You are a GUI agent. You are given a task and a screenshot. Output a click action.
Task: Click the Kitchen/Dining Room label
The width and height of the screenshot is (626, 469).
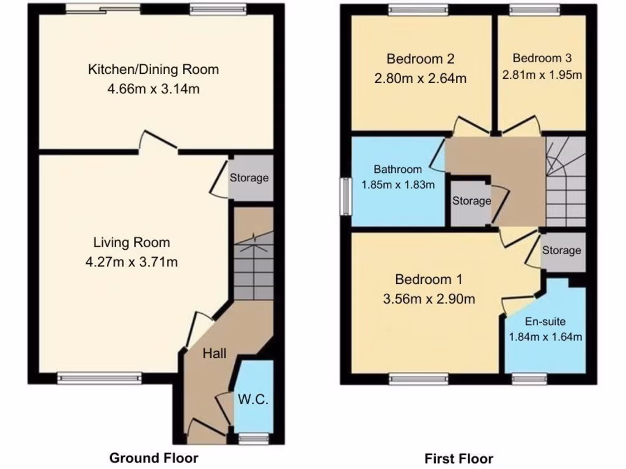pyautogui.click(x=153, y=69)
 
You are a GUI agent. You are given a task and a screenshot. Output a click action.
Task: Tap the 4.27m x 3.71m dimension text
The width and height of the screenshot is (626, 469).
pyautogui.click(x=132, y=263)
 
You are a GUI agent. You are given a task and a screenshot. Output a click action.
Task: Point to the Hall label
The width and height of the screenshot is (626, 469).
pyautogui.click(x=215, y=353)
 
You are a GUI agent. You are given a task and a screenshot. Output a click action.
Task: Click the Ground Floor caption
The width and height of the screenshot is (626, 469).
pyautogui.click(x=153, y=457)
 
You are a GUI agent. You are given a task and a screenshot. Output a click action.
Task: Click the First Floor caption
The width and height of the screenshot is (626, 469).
pyautogui.click(x=458, y=458)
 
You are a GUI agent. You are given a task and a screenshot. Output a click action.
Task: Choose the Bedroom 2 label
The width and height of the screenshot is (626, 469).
pyautogui.click(x=420, y=59)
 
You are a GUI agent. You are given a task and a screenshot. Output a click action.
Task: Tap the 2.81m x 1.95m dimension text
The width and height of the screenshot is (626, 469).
pyautogui.click(x=542, y=75)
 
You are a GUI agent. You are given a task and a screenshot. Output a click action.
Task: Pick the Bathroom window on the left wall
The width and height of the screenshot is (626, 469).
pyautogui.click(x=345, y=196)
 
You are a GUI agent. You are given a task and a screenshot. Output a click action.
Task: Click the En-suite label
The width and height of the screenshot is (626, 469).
pyautogui.click(x=545, y=321)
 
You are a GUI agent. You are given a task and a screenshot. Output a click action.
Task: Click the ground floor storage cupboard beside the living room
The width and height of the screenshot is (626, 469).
pyautogui.click(x=250, y=178)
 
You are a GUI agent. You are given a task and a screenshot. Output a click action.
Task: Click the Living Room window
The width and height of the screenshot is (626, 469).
pyautogui.click(x=100, y=379)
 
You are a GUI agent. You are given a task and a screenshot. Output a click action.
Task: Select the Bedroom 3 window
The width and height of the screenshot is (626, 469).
pyautogui.click(x=535, y=9)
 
